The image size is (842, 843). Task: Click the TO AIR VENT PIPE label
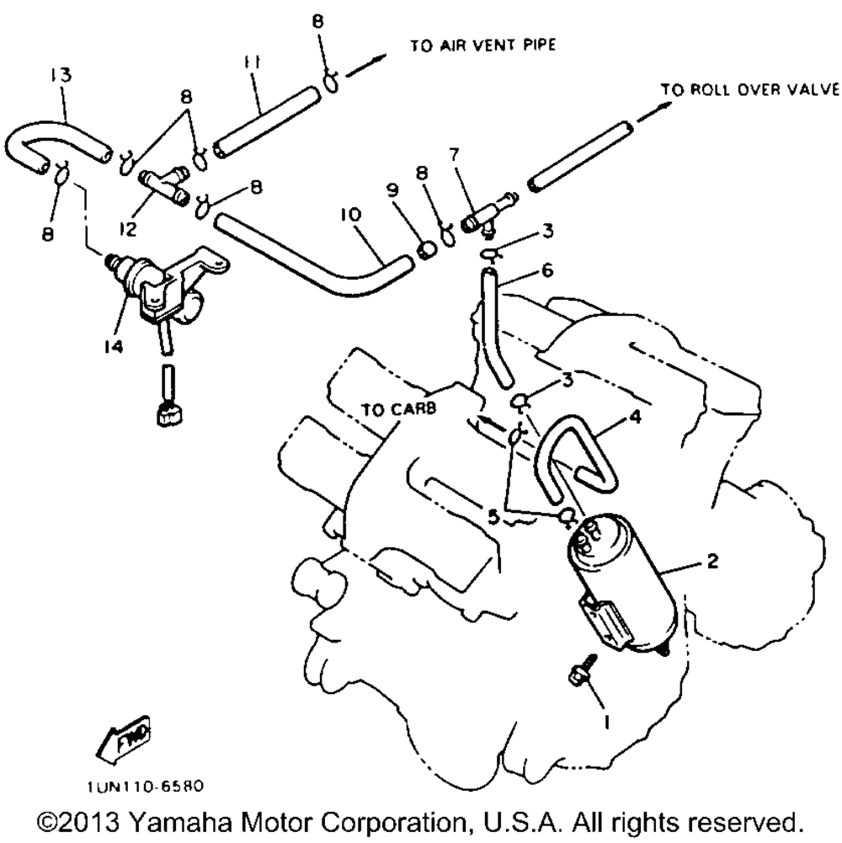[483, 45]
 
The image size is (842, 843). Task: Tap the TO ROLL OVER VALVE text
[749, 89]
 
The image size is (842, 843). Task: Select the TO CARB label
[399, 409]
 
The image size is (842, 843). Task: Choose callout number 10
[351, 216]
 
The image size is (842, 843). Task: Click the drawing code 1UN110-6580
[144, 787]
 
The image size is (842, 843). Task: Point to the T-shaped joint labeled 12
[165, 184]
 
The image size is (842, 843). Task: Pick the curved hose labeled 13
[51, 139]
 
